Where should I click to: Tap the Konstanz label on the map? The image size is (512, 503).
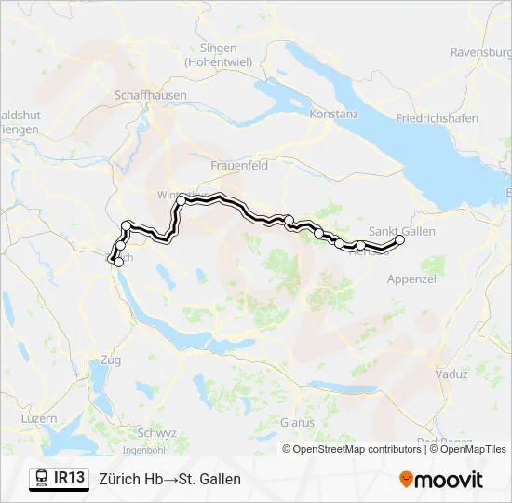(x=334, y=114)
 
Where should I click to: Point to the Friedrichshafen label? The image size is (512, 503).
(x=437, y=118)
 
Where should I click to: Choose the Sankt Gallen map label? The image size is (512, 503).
(x=402, y=230)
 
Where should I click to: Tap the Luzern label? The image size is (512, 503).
(x=38, y=419)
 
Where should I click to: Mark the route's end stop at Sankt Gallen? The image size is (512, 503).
(x=400, y=240)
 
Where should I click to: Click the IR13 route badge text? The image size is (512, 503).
(x=70, y=479)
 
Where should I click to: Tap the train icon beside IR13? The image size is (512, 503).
(x=41, y=479)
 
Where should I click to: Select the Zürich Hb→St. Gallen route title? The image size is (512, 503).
(x=169, y=479)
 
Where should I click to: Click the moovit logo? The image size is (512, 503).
(x=441, y=480)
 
